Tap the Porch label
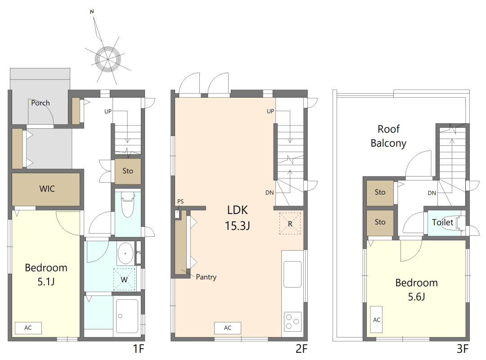(x=40, y=103)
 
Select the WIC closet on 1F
(x=46, y=189)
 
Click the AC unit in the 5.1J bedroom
(x=28, y=328)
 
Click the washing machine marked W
(x=124, y=279)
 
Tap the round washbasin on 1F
(x=126, y=253)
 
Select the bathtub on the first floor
(x=127, y=316)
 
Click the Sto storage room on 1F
(x=128, y=171)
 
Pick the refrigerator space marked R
(x=290, y=223)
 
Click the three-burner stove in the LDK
(x=292, y=322)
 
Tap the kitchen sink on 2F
(x=292, y=274)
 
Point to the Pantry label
(x=206, y=277)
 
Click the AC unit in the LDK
(x=228, y=328)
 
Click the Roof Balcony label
(x=388, y=136)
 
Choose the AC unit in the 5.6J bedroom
(x=376, y=319)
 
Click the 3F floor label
(x=463, y=349)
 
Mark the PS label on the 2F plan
(x=180, y=202)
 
